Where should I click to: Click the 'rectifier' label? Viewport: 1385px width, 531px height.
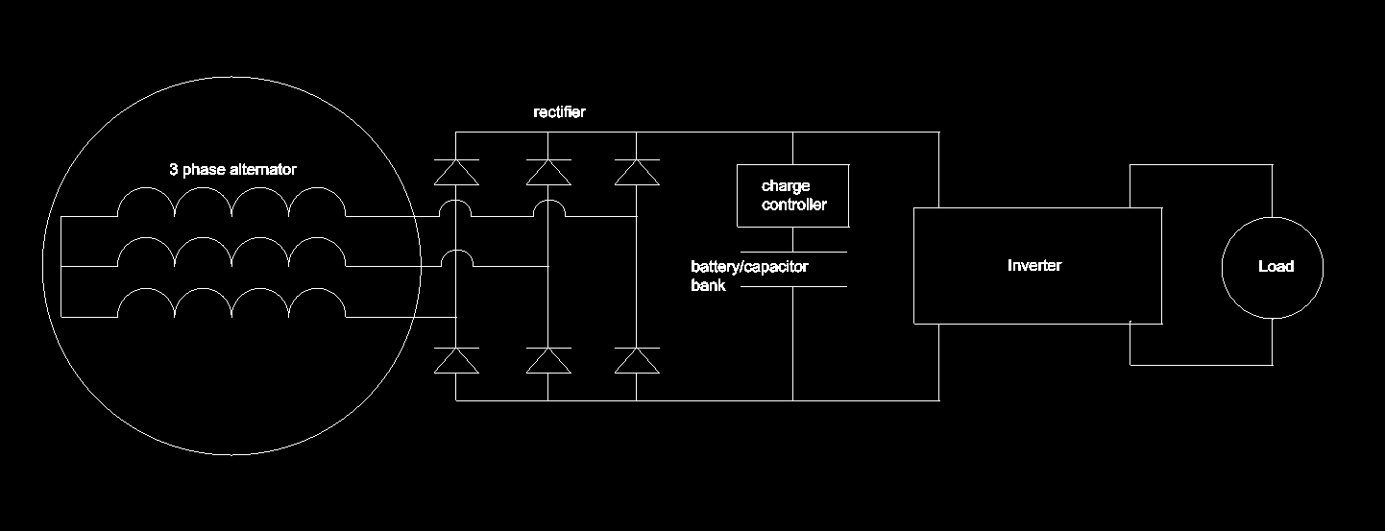559,112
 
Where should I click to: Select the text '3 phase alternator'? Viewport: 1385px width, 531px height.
232,169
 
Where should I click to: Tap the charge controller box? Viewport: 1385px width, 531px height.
792,165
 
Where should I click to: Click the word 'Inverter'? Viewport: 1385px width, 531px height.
1033,265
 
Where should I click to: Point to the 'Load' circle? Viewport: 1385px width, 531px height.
1273,218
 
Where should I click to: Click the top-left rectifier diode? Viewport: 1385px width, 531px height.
456,172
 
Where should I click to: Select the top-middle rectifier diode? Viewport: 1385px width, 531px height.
548,172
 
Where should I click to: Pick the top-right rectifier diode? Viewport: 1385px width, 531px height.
637,172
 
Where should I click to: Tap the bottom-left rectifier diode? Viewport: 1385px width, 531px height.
456,360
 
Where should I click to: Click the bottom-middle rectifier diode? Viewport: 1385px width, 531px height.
548,360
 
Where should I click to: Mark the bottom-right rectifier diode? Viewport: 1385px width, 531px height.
637,360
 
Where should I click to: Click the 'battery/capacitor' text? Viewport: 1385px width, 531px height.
749,267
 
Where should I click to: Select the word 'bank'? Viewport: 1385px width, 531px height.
708,285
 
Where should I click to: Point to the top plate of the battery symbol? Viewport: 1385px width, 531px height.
794,253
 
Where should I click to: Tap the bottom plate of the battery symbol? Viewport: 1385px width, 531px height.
794,287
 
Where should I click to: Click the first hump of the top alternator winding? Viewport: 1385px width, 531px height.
146,188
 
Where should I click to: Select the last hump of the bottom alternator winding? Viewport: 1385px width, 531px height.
317,288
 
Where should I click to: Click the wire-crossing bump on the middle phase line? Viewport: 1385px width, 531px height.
457,251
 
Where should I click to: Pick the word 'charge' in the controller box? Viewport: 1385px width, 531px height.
786,186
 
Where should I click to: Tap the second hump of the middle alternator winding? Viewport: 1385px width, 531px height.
204,238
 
